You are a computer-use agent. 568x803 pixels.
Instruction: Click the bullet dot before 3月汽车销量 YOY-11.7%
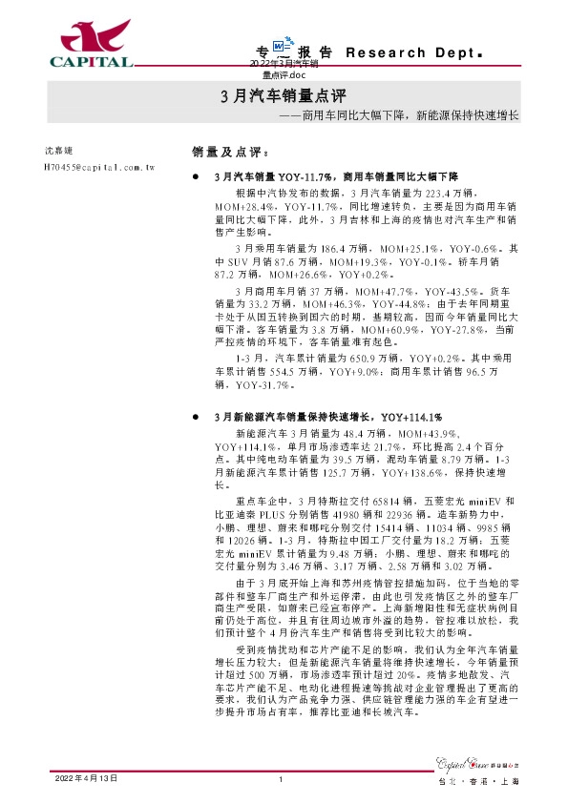(x=197, y=177)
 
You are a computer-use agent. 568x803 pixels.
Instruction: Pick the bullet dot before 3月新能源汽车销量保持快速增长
(x=197, y=417)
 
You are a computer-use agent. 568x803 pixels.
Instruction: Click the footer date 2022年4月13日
(x=86, y=778)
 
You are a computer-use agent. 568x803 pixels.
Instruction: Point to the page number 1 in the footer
(x=283, y=778)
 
